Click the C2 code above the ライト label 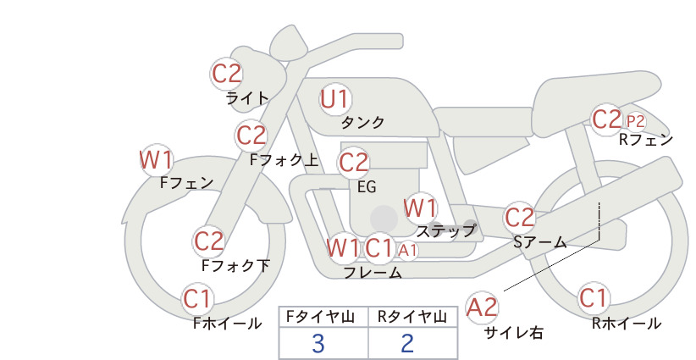227,74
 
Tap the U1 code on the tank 335,99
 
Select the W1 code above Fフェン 156,160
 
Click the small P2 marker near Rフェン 635,121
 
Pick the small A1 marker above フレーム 407,251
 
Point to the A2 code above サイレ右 482,307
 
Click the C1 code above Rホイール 594,298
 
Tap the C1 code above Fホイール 197,299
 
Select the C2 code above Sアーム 520,218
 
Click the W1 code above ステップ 420,208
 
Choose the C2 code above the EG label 354,163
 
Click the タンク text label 362,122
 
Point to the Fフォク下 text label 235,265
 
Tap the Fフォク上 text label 284,160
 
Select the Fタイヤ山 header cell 323,317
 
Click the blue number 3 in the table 318,343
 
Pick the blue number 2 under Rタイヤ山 407,343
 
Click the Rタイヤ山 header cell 413,317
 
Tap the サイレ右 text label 514,333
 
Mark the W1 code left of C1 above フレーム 343,248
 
